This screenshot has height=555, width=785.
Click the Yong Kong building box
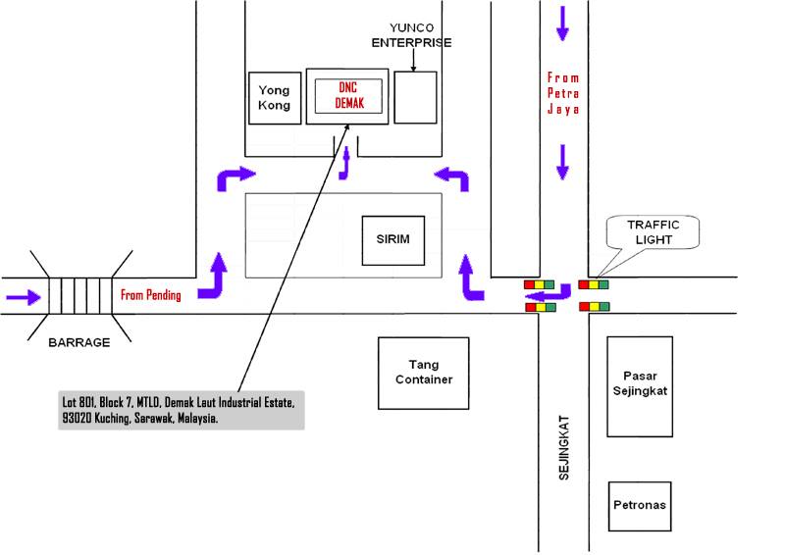[x=275, y=98]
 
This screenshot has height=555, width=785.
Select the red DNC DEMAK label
[x=348, y=95]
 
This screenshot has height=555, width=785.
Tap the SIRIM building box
[x=393, y=240]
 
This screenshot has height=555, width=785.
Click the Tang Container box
[x=424, y=373]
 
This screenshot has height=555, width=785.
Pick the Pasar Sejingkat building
[x=640, y=386]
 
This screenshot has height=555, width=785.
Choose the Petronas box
[x=640, y=506]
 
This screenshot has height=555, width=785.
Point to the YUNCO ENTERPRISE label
[x=411, y=35]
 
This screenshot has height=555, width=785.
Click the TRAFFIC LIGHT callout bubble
[x=653, y=232]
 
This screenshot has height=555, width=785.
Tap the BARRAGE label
[x=79, y=343]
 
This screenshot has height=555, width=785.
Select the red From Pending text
[x=151, y=294]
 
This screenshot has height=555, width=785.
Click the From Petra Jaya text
[x=563, y=93]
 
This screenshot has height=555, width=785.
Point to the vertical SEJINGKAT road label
[x=563, y=447]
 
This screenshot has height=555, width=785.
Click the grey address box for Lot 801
[x=182, y=410]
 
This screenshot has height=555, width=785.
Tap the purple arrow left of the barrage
[x=23, y=297]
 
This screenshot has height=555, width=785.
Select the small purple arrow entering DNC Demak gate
[x=344, y=163]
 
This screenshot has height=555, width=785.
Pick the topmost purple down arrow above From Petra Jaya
[x=562, y=24]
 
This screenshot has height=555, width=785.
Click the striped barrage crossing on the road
[x=80, y=296]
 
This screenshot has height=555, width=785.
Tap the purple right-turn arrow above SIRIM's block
[x=235, y=178]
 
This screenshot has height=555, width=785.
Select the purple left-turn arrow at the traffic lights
[x=548, y=293]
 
